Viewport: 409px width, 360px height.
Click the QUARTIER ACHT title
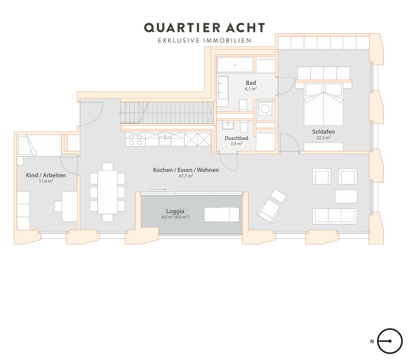pos(204,28)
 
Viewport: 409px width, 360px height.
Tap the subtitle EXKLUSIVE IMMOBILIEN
pos(204,40)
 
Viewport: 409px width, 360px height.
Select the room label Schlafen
pos(323,132)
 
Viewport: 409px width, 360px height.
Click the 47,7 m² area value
pos(186,176)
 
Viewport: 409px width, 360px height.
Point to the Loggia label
pos(175,211)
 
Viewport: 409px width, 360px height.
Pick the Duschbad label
pos(236,138)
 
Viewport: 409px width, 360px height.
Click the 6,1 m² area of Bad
pos(251,89)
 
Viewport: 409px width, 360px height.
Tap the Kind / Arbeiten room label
pos(46,175)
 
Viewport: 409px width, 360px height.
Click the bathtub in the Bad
pos(235,65)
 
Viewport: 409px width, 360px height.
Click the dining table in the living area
pos(107,192)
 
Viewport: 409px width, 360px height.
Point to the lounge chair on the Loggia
pos(222,215)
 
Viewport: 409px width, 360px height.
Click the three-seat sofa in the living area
pos(334,216)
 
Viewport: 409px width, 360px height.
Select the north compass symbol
pos(390,341)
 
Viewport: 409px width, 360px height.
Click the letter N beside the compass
pos(372,342)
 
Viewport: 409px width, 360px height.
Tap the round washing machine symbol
pos(265,109)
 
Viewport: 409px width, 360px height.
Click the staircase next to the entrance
pos(167,112)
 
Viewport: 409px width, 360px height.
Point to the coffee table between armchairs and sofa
pos(346,196)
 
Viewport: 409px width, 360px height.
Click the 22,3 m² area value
pos(323,138)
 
